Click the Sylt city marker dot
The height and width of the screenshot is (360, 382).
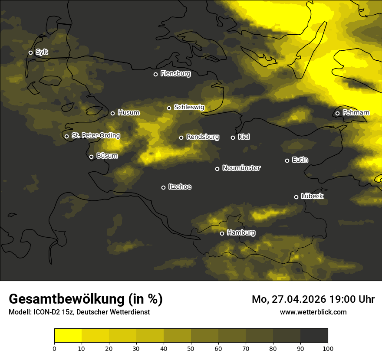[30, 52]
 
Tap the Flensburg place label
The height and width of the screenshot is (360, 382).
[175, 74]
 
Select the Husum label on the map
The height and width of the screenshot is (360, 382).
[128, 113]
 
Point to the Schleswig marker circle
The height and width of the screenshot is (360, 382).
[169, 108]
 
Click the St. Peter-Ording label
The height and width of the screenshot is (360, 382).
[95, 136]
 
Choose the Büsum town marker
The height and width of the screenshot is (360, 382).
[91, 157]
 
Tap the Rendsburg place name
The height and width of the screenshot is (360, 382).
[203, 137]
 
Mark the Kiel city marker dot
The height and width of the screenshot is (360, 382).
[233, 137]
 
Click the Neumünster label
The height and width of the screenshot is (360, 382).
[241, 168]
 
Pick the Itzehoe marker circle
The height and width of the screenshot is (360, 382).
[163, 187]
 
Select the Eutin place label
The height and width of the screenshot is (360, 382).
[300, 160]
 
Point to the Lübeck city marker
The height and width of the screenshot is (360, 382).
[296, 197]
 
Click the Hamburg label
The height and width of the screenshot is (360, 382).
[241, 233]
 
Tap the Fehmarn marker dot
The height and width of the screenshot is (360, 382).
[337, 114]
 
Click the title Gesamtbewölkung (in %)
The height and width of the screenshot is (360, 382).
[86, 299]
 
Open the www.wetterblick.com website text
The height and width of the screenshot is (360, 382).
[313, 312]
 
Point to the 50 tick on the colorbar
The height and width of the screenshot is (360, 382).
[191, 348]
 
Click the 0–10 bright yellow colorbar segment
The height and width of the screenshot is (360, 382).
[68, 336]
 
